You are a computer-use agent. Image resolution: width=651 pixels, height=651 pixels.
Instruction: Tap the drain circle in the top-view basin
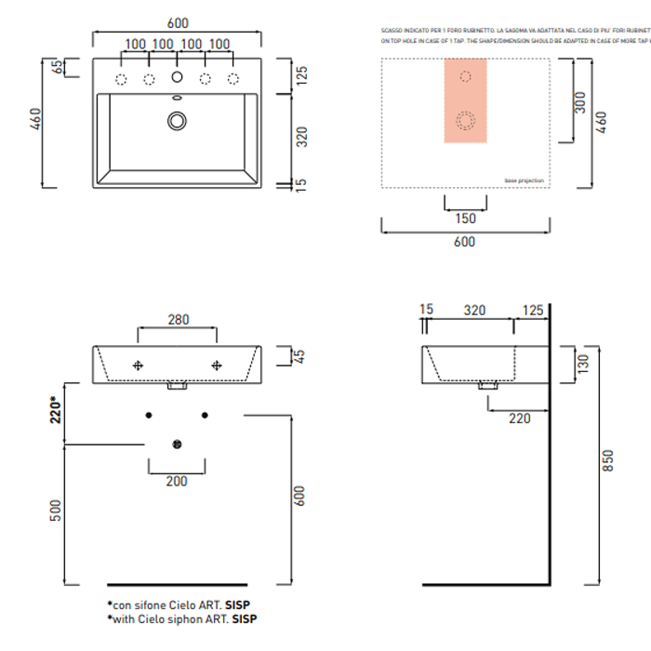[177, 120]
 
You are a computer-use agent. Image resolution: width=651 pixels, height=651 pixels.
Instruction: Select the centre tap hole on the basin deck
[177, 78]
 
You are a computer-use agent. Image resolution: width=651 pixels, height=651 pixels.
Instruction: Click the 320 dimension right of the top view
[301, 137]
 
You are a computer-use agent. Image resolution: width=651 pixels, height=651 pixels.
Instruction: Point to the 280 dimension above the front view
[178, 320]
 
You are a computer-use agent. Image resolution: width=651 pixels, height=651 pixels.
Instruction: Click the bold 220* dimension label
[56, 407]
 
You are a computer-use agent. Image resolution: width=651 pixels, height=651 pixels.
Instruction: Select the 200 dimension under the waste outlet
[176, 481]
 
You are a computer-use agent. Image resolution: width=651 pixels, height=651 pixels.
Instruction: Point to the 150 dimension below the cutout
[466, 219]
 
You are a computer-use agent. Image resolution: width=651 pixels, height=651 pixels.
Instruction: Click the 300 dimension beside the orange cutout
[579, 102]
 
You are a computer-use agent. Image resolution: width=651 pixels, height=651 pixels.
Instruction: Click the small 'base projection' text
[525, 180]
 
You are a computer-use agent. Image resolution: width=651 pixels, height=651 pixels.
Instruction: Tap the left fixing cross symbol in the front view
[139, 365]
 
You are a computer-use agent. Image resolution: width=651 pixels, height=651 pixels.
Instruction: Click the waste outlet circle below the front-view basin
[177, 444]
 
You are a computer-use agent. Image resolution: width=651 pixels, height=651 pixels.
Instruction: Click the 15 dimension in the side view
[426, 309]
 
